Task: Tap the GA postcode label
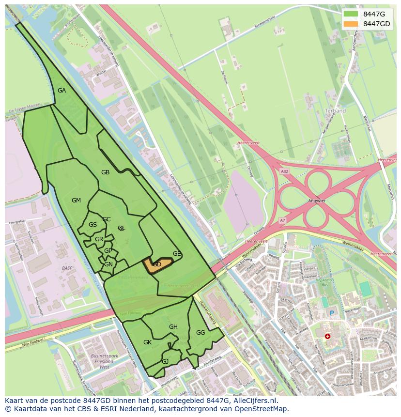[62, 91]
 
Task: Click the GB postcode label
[105, 172]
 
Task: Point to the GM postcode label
[76, 201]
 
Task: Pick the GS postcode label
[93, 225]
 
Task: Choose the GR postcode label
[99, 239]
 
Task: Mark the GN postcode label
[108, 264]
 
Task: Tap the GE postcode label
[177, 254]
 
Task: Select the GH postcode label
[173, 327]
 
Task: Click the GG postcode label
[200, 333]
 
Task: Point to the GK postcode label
[148, 342]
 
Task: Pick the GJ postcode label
[165, 362]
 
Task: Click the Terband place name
[335, 111]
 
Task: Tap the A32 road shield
[284, 171]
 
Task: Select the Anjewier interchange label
[317, 201]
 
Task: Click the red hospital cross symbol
[328, 336]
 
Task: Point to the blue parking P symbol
[332, 313]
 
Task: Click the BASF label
[67, 268]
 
